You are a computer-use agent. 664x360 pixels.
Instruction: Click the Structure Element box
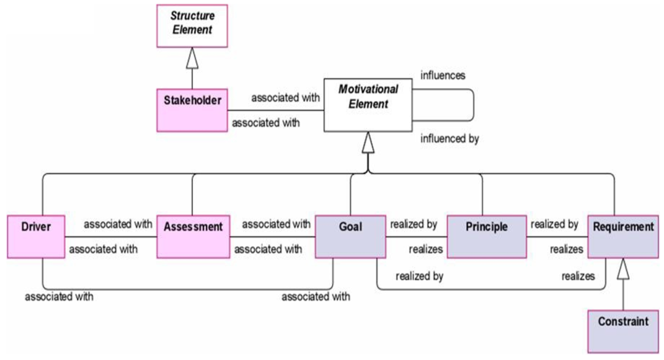coord(192,26)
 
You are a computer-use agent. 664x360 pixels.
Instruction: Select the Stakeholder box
coord(192,110)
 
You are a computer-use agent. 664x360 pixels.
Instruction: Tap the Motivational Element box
coord(368,105)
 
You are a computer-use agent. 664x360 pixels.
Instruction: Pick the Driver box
coord(36,237)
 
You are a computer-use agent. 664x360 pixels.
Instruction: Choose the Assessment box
coord(193,237)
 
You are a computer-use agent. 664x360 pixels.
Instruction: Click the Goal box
coord(350,237)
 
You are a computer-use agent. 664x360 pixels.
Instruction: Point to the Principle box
coord(487,237)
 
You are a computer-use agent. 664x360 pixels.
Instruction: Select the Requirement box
coord(623,237)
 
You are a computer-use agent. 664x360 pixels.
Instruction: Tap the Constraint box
coord(623,331)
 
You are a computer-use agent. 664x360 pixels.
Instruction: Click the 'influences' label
coord(443,76)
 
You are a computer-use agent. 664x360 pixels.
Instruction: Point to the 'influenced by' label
coord(449,139)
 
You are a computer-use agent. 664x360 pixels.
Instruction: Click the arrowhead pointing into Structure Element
coord(192,58)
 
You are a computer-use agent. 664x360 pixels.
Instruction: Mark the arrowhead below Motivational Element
coord(368,142)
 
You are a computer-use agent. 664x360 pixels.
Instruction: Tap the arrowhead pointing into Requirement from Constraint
coord(623,269)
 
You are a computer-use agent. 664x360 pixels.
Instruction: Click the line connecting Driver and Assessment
coord(111,237)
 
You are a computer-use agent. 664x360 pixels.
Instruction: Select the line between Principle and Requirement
coord(557,237)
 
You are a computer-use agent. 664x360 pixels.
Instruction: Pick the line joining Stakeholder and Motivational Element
coord(276,110)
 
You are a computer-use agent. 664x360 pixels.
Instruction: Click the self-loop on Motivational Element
coord(474,105)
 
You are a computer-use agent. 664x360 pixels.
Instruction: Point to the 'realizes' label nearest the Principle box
coord(425,250)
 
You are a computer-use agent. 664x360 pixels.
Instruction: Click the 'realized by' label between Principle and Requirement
coord(554,224)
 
